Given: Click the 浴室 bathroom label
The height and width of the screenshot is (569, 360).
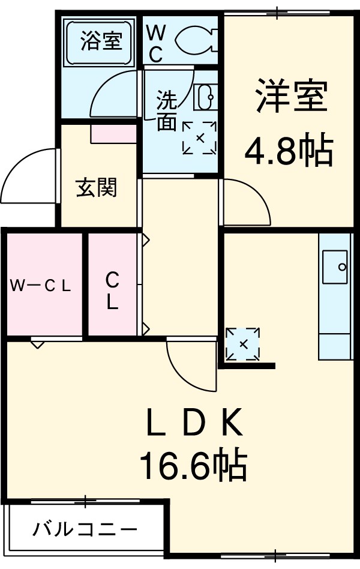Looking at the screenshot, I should point(101,41).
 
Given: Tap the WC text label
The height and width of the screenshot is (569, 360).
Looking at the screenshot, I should point(155,43).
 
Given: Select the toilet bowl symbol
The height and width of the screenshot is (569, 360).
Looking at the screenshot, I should point(194,40).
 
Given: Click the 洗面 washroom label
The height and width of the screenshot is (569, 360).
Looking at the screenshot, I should point(167,111).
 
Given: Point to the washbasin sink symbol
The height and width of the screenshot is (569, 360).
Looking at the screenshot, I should point(205,97).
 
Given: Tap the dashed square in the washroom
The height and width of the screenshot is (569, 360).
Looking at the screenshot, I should point(199,137).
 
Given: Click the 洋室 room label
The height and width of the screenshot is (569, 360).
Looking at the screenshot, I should point(292,97).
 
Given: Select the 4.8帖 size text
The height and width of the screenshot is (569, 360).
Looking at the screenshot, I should point(288,152).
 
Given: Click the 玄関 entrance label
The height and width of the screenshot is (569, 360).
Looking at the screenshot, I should point(96,188).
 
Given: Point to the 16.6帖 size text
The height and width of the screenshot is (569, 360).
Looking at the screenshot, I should point(193,465).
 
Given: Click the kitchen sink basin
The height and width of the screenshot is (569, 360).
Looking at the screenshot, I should point(335,266).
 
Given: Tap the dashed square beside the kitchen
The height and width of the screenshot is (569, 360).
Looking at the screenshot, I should point(243,344).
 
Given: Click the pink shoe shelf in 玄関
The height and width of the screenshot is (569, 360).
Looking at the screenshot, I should point(113,134).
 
